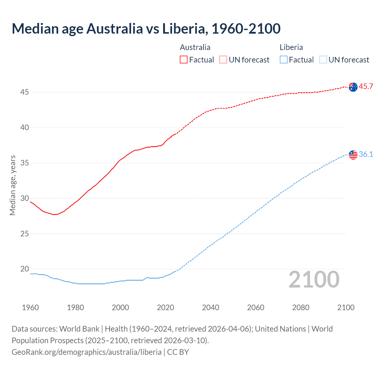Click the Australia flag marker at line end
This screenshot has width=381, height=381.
[353, 87]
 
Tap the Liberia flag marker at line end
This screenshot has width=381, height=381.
[353, 155]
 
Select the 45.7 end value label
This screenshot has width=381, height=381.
[366, 87]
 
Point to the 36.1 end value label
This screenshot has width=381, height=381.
[366, 154]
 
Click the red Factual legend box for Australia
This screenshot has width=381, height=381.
[184, 60]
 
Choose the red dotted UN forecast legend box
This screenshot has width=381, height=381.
[223, 60]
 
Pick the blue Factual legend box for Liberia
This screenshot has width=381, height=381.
[284, 60]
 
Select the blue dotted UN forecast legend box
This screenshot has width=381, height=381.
[323, 60]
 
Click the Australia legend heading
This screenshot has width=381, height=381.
[195, 47]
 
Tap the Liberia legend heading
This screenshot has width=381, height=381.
[291, 47]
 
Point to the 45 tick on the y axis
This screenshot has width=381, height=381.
[24, 92]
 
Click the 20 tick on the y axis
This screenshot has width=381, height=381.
[24, 269]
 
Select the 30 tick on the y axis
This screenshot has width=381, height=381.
[24, 198]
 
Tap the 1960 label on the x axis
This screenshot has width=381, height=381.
[30, 307]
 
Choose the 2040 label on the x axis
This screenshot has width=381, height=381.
[210, 307]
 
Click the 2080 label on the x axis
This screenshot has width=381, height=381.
[301, 307]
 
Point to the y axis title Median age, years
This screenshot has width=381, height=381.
[13, 185]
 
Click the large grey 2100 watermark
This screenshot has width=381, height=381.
[314, 279]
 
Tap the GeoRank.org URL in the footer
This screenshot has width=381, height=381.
[87, 352]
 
